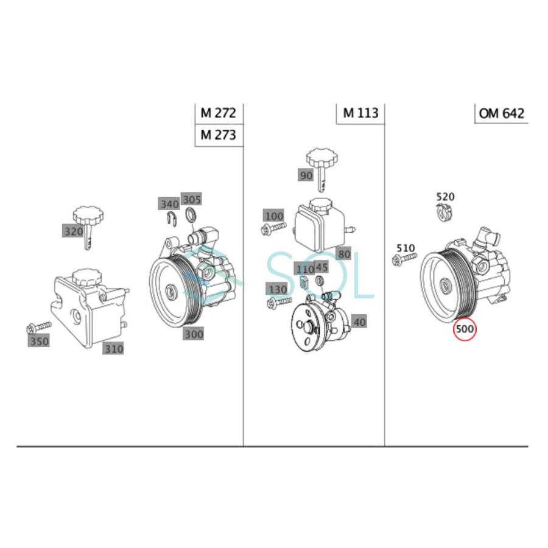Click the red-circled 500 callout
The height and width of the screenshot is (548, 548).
(465, 329)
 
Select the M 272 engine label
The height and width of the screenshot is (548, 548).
(218, 113)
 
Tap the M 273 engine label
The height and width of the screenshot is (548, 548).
(218, 135)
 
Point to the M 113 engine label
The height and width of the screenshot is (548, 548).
(360, 113)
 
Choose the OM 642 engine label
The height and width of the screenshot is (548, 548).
(501, 113)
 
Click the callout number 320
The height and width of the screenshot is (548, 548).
(73, 231)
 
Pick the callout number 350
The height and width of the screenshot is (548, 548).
(39, 342)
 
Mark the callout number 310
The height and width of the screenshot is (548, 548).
(113, 349)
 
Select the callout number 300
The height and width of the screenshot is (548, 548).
(194, 334)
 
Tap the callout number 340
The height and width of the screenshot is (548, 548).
(169, 203)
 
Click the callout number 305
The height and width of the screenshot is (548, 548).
(192, 199)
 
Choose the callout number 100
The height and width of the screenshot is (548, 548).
(274, 216)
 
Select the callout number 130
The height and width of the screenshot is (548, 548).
(277, 288)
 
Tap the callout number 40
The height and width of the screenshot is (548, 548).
(359, 322)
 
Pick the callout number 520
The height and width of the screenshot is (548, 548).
(445, 197)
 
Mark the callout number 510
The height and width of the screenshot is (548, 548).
(405, 248)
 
